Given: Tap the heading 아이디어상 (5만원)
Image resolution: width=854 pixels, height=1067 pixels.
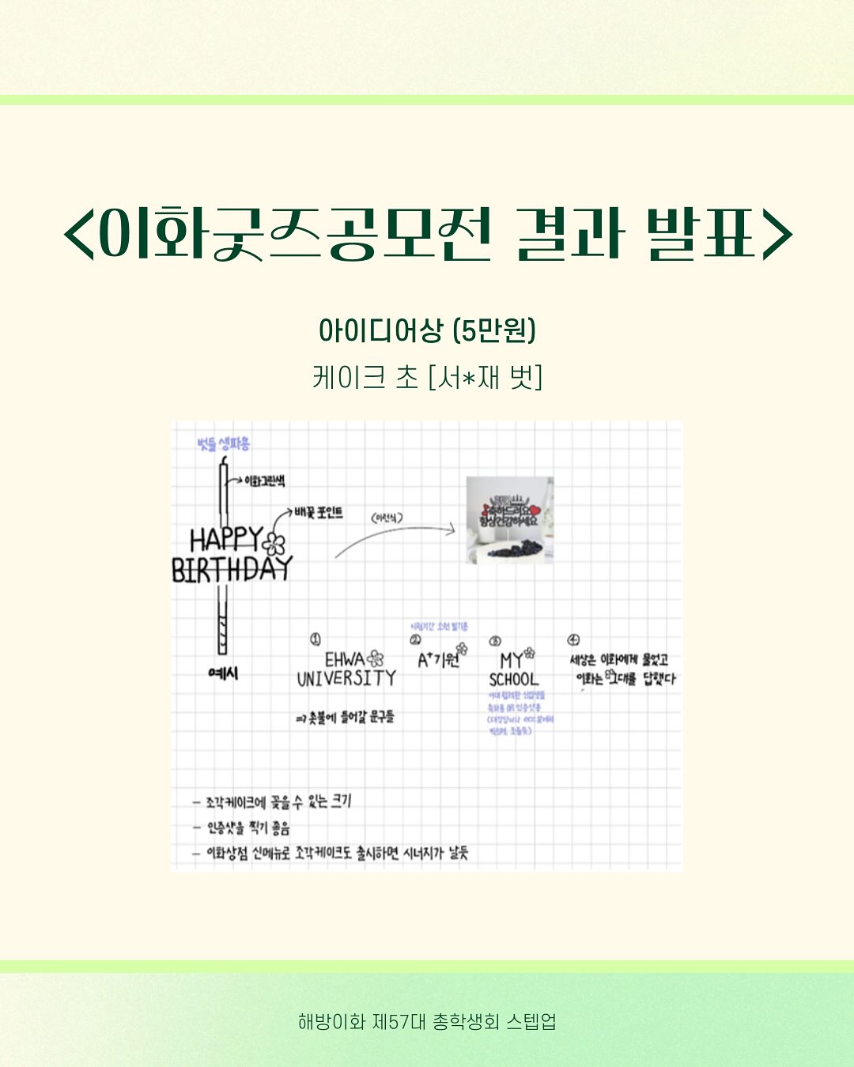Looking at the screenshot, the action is click(427, 330).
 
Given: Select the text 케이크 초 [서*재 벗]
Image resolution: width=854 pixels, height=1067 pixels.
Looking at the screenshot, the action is click(427, 377).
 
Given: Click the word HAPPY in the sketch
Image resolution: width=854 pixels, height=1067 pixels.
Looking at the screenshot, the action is click(225, 540).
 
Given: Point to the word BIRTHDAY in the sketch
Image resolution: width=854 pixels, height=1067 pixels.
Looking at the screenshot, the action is click(232, 570).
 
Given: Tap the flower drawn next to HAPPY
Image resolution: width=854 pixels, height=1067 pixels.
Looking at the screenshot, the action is click(274, 544).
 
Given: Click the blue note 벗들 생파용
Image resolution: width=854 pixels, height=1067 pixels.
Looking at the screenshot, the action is click(224, 443).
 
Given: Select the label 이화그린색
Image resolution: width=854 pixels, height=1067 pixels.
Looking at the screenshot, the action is click(264, 481).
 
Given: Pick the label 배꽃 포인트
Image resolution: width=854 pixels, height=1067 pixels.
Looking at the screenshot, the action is click(319, 512).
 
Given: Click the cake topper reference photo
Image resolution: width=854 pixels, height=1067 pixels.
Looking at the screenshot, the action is click(509, 519).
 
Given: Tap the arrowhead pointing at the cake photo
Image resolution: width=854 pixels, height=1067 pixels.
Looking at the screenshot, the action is click(452, 529).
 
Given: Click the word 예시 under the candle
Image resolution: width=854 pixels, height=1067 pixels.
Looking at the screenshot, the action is click(223, 673).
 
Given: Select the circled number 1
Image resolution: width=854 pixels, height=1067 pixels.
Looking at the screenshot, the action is click(316, 639).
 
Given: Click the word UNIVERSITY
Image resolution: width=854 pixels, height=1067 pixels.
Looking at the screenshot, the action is click(346, 678).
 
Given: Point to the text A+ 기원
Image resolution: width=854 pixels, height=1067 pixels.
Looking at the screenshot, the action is click(440, 658).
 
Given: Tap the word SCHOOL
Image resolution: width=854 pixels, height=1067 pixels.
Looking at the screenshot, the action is click(513, 679).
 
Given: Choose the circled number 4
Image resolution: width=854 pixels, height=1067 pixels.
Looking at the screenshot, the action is click(573, 639).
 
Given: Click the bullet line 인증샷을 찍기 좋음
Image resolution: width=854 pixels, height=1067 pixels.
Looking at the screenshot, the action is click(248, 828).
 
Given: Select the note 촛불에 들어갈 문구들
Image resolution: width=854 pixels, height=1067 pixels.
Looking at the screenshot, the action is click(346, 717).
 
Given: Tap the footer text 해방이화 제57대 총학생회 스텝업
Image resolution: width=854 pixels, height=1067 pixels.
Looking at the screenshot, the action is click(427, 1021).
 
